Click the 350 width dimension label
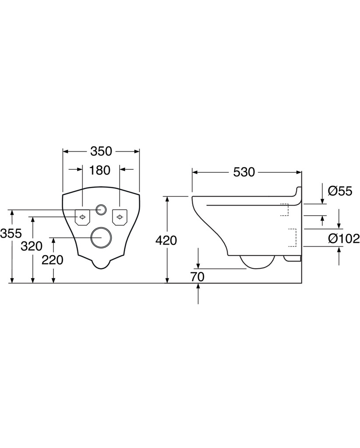click(x=101, y=151)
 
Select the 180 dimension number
click(x=100, y=170)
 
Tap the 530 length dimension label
click(x=244, y=172)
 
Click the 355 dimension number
click(x=11, y=234)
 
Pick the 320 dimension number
click(x=32, y=246)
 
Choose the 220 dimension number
click(x=53, y=260)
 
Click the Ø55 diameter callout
click(x=340, y=191)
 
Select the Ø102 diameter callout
click(x=344, y=238)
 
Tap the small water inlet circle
click(x=101, y=210)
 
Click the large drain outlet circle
click(x=101, y=237)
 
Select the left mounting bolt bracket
click(x=82, y=217)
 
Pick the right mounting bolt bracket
click(x=120, y=217)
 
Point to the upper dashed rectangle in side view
click(x=285, y=210)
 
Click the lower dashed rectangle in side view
click(x=292, y=238)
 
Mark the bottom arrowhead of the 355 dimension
click(x=12, y=280)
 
